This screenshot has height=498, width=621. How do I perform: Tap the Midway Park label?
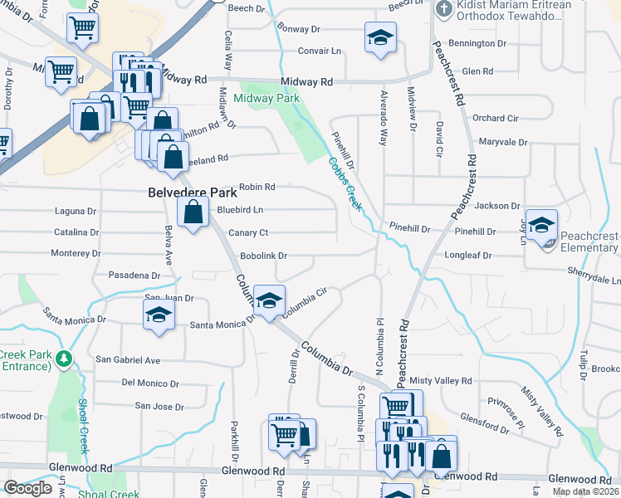[266, 98]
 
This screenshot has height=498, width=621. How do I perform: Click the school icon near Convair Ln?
[380, 37]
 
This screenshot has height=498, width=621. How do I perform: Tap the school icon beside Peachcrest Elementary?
[541, 224]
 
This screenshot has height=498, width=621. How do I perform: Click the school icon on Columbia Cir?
[269, 300]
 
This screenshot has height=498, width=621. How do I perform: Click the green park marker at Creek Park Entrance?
[63, 359]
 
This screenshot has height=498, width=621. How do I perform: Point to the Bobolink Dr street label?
[263, 256]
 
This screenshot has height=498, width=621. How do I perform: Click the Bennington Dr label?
[477, 42]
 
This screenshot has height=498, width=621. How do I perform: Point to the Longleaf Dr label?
[468, 256]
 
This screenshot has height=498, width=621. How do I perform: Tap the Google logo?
[27, 487]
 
